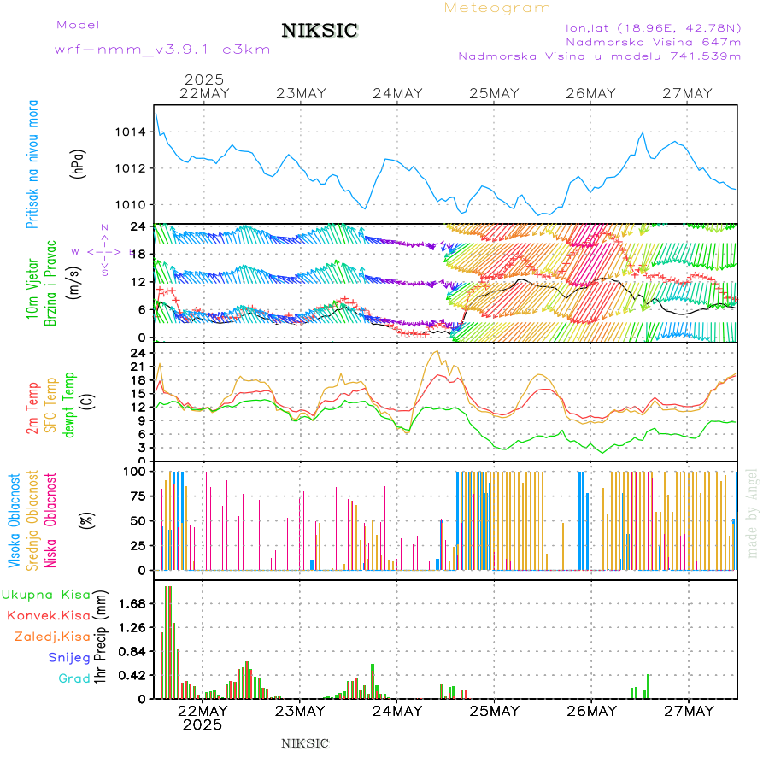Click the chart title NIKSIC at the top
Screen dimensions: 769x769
(320, 32)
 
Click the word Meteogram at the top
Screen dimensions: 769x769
(497, 8)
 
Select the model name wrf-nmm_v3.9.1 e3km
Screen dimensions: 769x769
(162, 50)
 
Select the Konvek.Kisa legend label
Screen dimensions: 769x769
(49, 615)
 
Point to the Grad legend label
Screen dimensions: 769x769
(74, 678)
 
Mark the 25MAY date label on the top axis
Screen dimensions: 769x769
(494, 94)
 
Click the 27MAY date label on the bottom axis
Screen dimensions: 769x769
(688, 711)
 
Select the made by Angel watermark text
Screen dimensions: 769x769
(753, 513)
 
